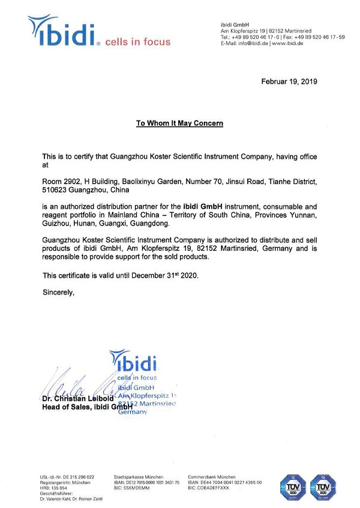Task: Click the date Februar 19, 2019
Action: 289,81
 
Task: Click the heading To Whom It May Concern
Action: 179,124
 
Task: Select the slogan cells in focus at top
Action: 137,41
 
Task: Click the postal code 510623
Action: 58,190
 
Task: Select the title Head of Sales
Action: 63,407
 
